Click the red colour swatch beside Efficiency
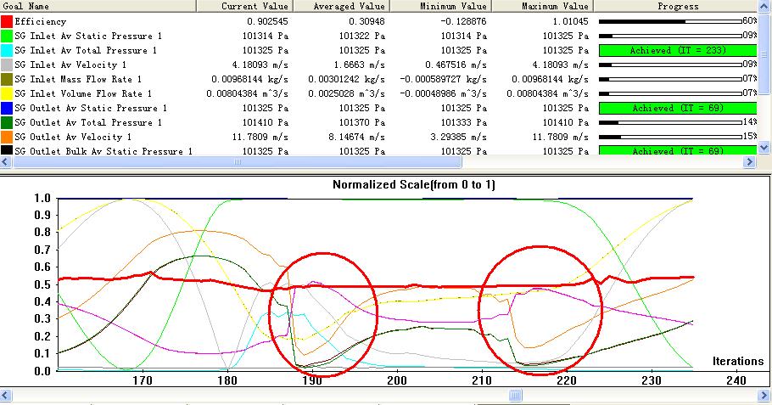pyautogui.click(x=7, y=20)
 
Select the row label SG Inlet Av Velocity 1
pyautogui.click(x=70, y=65)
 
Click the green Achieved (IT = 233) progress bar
pyautogui.click(x=677, y=50)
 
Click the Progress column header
pyautogui.click(x=679, y=6)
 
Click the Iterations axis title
pyautogui.click(x=737, y=362)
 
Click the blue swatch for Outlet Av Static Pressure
pyautogui.click(x=7, y=108)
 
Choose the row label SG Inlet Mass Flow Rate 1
pyautogui.click(x=79, y=79)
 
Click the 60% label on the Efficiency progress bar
pyautogui.click(x=750, y=20)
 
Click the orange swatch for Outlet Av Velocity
pyautogui.click(x=7, y=137)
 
